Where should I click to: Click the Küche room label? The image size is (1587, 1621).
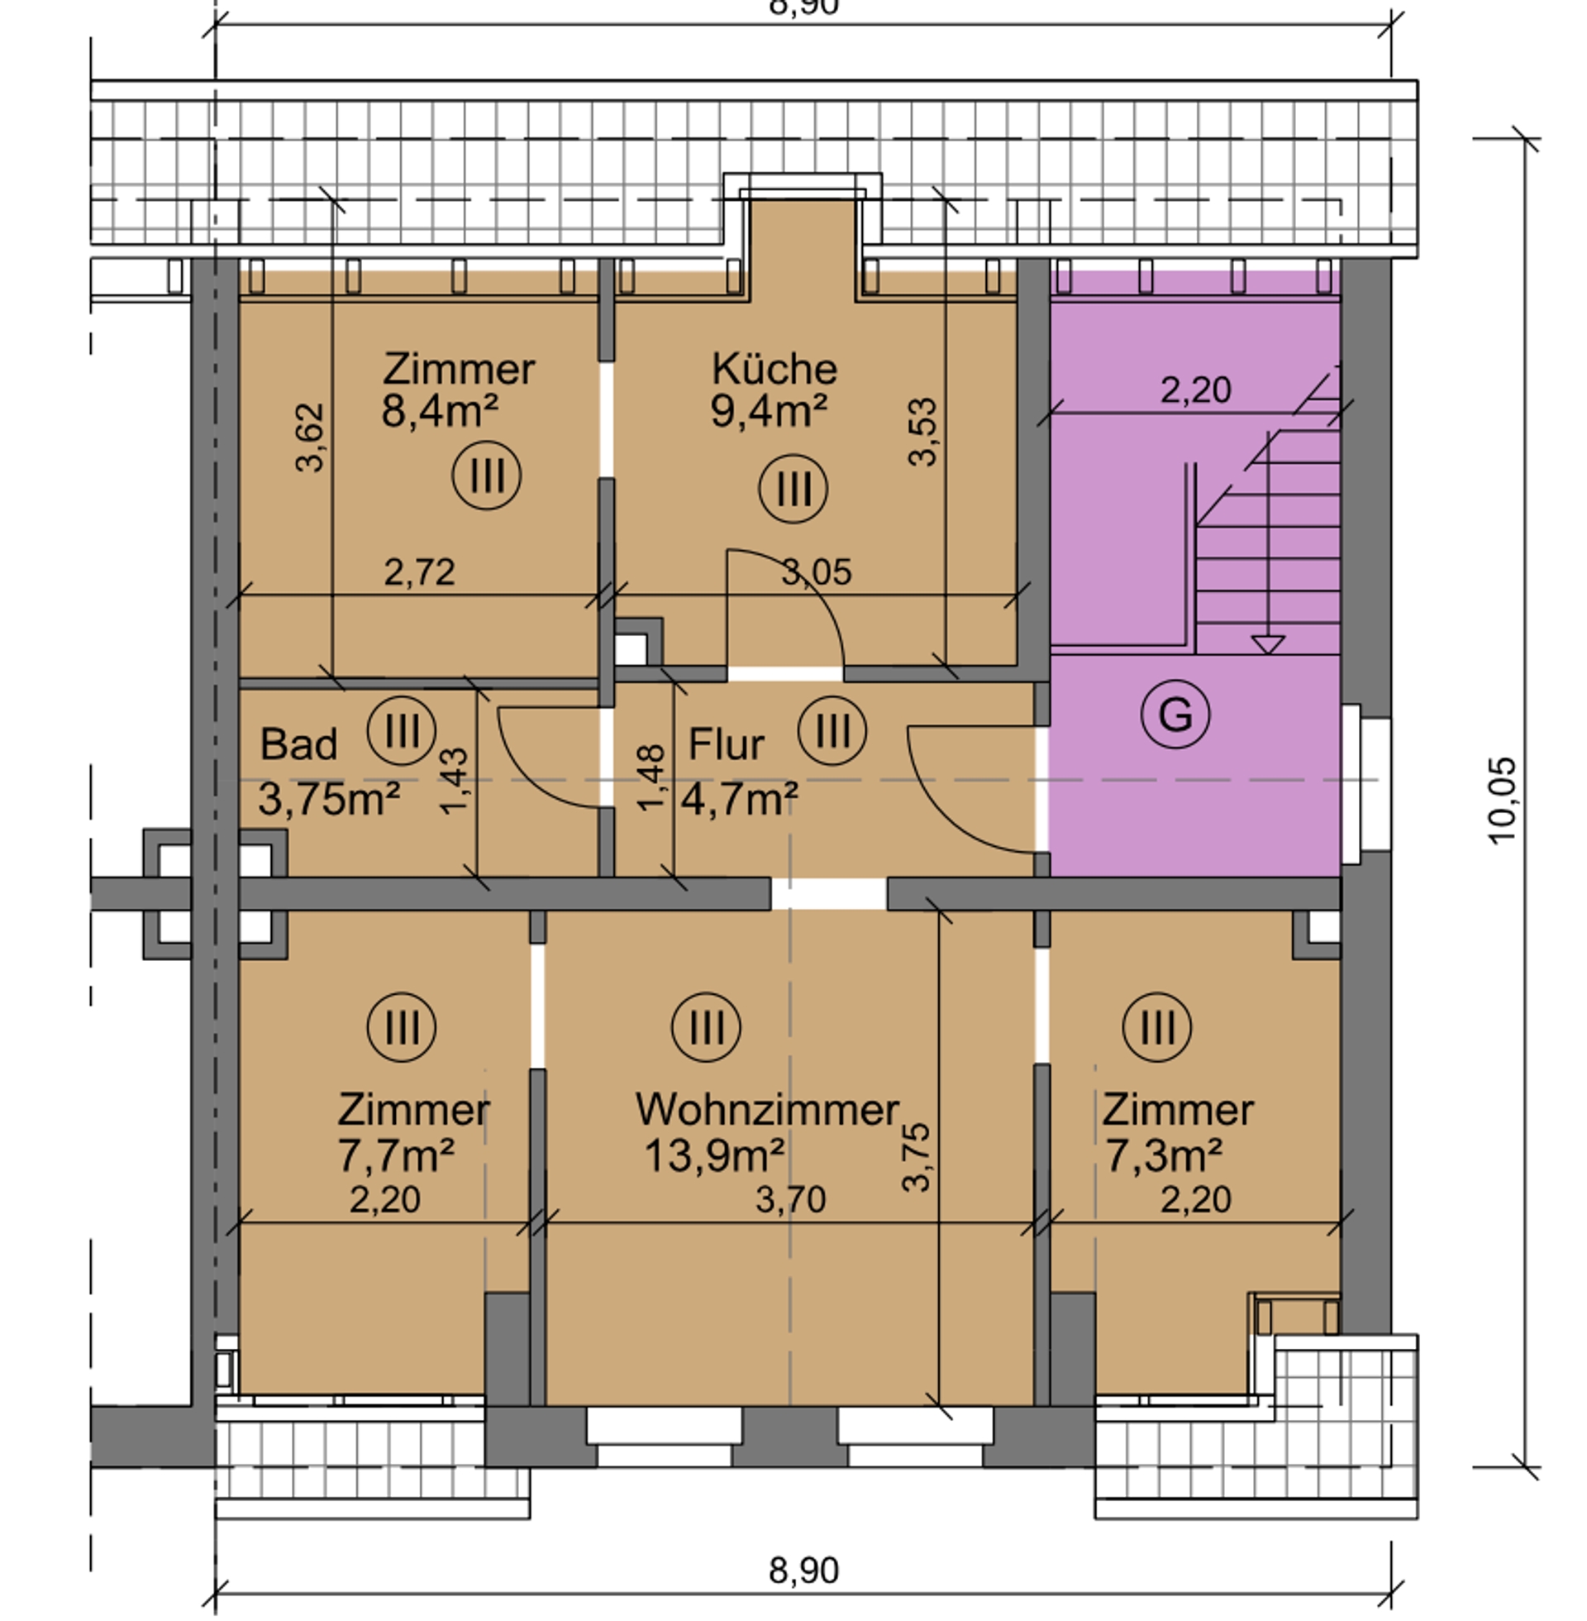774,369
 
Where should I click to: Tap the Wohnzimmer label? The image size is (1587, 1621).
768,1109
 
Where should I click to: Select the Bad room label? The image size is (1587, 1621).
298,744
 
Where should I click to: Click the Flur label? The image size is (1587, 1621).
726,744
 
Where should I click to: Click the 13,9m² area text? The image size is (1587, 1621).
714,1155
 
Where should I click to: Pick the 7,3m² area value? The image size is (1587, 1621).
1164,1155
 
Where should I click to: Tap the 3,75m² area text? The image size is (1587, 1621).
329,799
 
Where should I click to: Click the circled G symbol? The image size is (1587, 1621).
1175,714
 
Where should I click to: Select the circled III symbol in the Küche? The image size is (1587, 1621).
793,489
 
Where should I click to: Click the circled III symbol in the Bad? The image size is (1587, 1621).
401,730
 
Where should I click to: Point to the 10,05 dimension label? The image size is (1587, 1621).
1502,801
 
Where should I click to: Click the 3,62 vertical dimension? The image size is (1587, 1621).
310,438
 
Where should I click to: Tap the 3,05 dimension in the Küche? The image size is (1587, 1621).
817,572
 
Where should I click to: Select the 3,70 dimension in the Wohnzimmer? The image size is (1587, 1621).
791,1199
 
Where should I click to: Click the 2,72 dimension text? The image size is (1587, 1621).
419,572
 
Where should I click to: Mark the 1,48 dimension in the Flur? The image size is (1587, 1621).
651,777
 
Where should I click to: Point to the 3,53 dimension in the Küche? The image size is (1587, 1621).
923,431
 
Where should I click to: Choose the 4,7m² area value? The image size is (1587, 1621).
739,799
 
